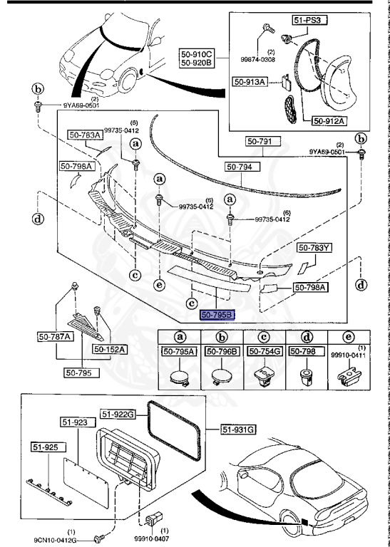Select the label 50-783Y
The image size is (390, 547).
(314, 248)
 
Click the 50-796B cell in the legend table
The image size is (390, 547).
(222, 351)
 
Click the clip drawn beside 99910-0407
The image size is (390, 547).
(151, 516)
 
